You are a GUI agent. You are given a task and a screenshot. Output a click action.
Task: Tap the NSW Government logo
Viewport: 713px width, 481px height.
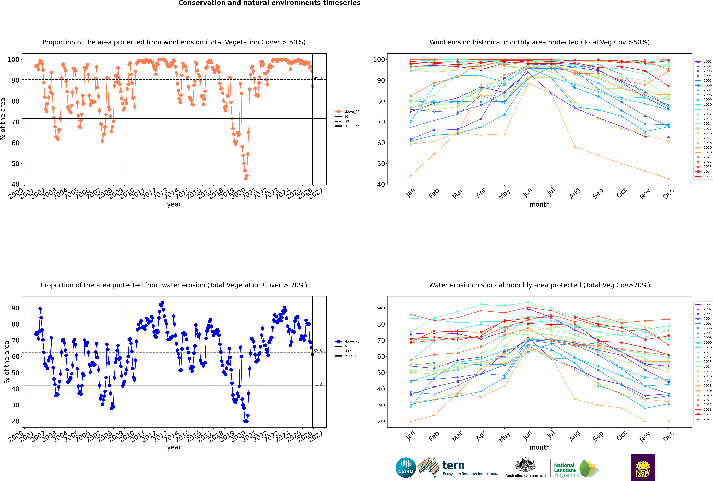pyautogui.click(x=643, y=467)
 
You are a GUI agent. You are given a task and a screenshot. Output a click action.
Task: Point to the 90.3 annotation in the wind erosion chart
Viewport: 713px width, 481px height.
pyautogui.click(x=318, y=78)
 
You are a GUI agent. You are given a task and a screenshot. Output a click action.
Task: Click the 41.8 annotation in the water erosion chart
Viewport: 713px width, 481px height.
pyautogui.click(x=318, y=384)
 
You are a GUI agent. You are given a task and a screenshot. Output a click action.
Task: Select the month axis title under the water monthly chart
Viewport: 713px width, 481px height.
pyautogui.click(x=539, y=447)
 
